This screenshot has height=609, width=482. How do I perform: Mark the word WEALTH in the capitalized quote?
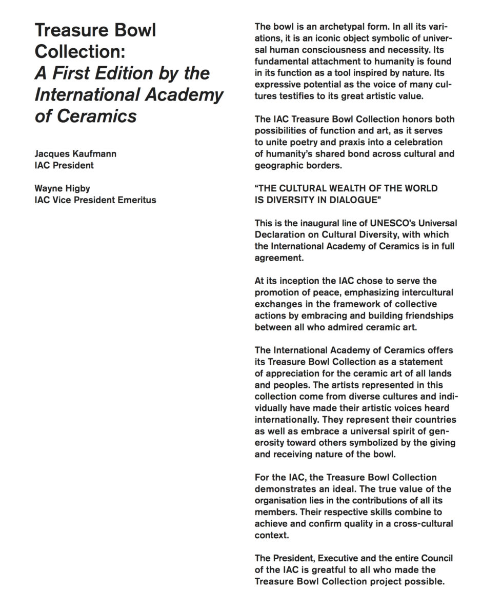point(345,188)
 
